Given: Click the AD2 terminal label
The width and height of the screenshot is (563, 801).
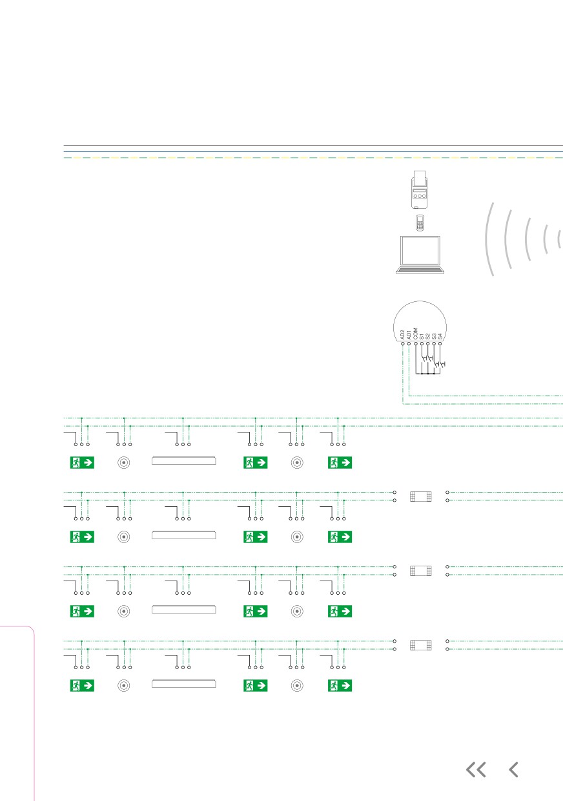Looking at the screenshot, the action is tap(402, 335).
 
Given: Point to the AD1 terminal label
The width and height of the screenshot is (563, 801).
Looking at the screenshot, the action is tap(409, 335).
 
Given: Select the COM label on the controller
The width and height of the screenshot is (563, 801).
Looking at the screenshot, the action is tap(415, 334).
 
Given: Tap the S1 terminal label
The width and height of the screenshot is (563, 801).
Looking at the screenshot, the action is tap(422, 336).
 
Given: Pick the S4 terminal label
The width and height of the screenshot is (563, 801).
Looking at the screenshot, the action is tap(440, 336).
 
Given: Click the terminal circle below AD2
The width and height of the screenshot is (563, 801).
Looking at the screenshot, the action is tap(403, 344).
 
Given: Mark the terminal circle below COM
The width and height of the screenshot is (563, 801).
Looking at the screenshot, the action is tap(415, 344).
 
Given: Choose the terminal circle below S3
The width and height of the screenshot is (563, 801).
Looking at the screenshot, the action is tap(434, 344).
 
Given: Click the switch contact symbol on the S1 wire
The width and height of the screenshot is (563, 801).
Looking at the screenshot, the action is tap(424, 358).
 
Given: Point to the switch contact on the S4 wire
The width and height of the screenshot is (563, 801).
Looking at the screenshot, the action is tap(443, 365).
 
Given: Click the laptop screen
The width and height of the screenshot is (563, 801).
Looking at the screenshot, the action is tap(420, 250).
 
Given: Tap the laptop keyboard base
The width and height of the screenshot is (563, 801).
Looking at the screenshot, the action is tap(420, 270).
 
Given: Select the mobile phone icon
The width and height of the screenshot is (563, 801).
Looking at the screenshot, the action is tap(420, 223).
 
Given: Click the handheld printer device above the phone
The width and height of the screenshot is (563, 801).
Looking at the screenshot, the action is tap(420, 189).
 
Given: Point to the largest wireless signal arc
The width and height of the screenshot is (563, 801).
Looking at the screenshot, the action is tap(489, 239).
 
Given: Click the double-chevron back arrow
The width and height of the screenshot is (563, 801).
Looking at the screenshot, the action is tap(476, 770).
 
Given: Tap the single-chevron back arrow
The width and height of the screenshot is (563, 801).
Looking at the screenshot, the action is tap(514, 770).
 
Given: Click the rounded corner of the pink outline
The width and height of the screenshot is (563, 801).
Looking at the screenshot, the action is tap(31, 630).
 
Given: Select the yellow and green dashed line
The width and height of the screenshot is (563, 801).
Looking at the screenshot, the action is tap(313, 158).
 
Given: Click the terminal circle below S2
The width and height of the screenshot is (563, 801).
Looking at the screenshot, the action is tap(427, 344).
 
